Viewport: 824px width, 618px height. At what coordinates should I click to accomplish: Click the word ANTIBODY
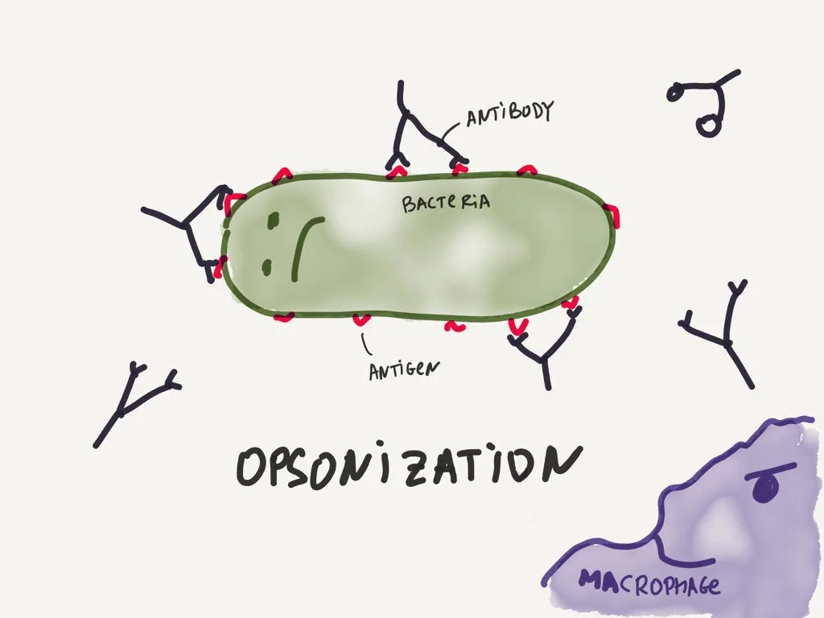(x=509, y=113)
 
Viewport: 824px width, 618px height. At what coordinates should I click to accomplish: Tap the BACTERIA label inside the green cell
(x=446, y=203)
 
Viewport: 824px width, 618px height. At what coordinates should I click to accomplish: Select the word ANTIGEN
(x=404, y=370)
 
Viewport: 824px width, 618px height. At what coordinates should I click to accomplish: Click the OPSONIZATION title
(x=409, y=466)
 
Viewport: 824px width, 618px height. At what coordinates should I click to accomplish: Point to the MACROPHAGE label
(x=649, y=583)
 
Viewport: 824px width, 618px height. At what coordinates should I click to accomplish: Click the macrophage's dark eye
(x=765, y=488)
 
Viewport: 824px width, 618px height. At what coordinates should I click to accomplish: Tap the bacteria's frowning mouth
(x=305, y=247)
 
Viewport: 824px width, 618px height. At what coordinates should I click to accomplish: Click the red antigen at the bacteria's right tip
(x=612, y=216)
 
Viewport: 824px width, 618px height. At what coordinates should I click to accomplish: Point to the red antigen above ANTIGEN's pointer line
(x=361, y=319)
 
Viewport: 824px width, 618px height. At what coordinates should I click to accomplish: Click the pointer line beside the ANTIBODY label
(x=450, y=130)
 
